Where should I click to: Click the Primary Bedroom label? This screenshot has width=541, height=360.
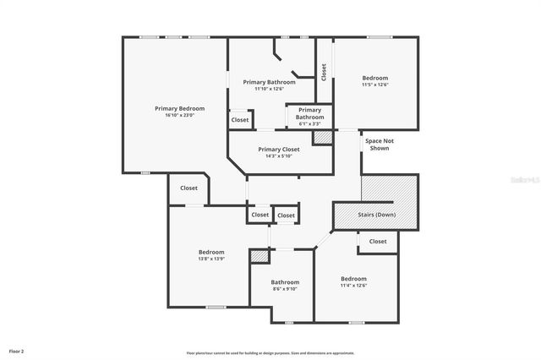click(x=179, y=108)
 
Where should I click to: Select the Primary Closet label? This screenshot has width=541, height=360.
click(x=278, y=150)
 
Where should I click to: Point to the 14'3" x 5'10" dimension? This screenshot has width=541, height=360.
click(x=278, y=155)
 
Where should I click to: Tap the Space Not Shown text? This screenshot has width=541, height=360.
click(x=380, y=145)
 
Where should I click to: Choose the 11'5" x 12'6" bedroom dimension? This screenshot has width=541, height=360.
click(x=374, y=85)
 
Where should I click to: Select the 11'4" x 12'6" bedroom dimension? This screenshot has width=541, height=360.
click(x=353, y=285)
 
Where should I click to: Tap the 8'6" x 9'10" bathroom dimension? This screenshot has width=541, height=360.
click(x=285, y=289)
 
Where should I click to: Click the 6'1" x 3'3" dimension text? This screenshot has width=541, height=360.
click(x=309, y=124)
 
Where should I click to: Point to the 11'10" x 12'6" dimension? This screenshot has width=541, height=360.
click(x=270, y=89)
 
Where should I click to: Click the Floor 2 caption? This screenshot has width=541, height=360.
click(x=17, y=350)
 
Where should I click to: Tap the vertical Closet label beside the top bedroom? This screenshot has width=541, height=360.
click(x=324, y=72)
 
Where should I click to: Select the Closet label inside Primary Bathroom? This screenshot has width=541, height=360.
click(x=240, y=120)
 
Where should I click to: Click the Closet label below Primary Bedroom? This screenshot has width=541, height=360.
click(x=189, y=188)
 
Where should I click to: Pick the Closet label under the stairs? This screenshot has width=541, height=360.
click(x=378, y=242)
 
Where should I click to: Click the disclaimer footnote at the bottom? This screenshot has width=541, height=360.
click(x=270, y=352)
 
